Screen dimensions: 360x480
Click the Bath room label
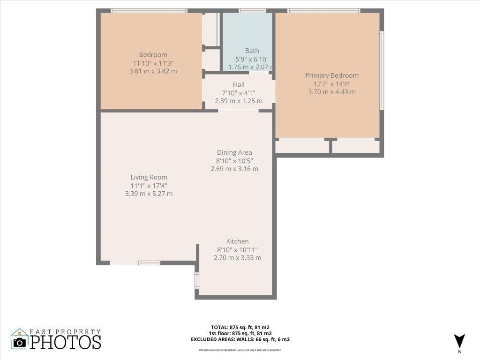pyautogui.click(x=252, y=51)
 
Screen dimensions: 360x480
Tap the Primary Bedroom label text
pyautogui.click(x=332, y=75)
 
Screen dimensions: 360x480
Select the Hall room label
pyautogui.click(x=239, y=84)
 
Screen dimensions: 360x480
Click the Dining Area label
pyautogui.click(x=234, y=152)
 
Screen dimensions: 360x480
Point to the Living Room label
pyautogui.click(x=149, y=177)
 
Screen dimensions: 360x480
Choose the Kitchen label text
pyautogui.click(x=237, y=241)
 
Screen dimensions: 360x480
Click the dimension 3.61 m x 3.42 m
pyautogui.click(x=153, y=71)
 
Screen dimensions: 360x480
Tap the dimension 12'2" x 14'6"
pyautogui.click(x=332, y=84)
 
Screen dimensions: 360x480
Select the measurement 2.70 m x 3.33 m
pyautogui.click(x=237, y=258)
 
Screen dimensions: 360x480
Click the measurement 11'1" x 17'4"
pyautogui.click(x=149, y=186)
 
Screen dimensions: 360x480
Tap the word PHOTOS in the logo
pyautogui.click(x=66, y=342)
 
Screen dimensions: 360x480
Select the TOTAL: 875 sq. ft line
pyautogui.click(x=240, y=327)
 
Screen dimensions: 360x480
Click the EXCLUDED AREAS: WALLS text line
pyautogui.click(x=240, y=339)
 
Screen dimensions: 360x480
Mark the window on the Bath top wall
pyautogui.click(x=252, y=10)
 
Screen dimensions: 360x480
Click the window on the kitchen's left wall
pyautogui.click(x=197, y=280)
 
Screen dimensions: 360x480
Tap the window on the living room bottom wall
pyautogui.click(x=150, y=263)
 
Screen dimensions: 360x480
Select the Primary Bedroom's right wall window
pyautogui.click(x=382, y=70)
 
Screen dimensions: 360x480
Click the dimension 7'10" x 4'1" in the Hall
pyautogui.click(x=239, y=93)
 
